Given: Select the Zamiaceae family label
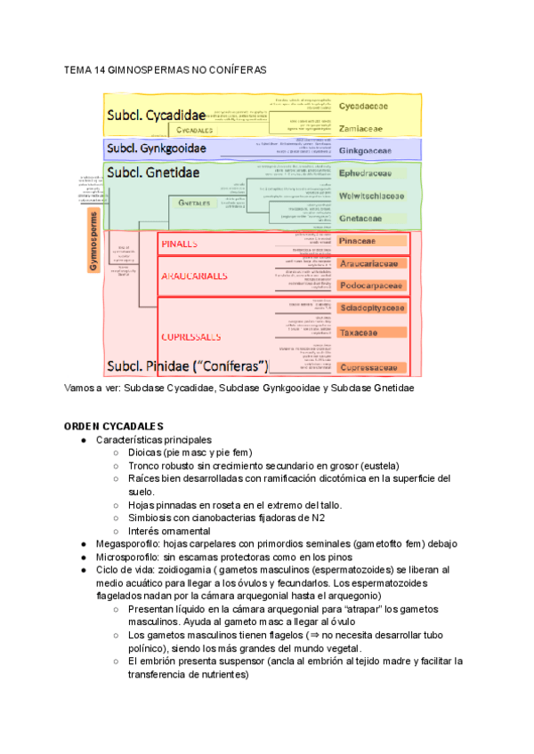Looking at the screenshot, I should click(360, 128).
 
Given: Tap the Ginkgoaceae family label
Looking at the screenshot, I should click(365, 151).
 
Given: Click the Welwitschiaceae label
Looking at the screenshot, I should click(372, 196).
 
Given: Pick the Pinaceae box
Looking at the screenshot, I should click(359, 241).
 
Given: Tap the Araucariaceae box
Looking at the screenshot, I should click(372, 264).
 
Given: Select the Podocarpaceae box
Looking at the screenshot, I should click(372, 285).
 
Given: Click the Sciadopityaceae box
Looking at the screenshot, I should click(372, 309).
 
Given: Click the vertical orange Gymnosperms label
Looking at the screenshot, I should click(93, 241).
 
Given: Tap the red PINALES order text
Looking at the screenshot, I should click(179, 243).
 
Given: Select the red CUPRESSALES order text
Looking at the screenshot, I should click(191, 337).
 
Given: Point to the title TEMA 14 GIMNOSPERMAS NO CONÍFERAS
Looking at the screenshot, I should click(165, 70).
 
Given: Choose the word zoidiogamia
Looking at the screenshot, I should click(184, 569).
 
